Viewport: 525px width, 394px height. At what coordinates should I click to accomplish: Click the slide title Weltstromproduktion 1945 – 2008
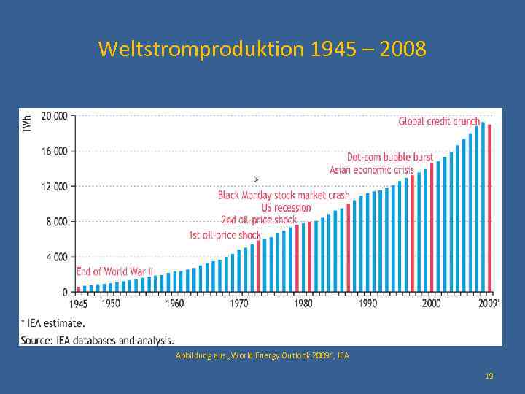[262, 50]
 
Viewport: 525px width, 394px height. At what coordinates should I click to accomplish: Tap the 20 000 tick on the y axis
[55, 116]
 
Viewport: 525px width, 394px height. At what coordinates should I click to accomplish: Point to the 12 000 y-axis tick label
[55, 186]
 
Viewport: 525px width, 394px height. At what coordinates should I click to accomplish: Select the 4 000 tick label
[57, 257]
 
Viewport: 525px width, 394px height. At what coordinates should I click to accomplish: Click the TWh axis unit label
[27, 123]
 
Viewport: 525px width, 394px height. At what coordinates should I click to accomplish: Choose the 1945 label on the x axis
[79, 303]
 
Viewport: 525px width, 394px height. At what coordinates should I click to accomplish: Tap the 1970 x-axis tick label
[239, 303]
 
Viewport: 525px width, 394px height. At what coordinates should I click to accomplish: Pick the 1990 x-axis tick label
[367, 303]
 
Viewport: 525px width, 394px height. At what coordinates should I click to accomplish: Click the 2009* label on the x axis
[489, 303]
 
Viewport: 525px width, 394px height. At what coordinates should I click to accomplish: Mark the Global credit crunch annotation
[439, 121]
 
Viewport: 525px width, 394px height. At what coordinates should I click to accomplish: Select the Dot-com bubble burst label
[389, 157]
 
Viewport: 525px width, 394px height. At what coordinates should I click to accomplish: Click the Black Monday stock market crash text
[284, 196]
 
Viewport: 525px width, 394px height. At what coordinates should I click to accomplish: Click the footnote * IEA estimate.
[52, 322]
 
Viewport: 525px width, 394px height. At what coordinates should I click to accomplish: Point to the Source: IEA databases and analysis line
[97, 339]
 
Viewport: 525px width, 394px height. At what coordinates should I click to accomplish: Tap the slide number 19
[489, 375]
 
